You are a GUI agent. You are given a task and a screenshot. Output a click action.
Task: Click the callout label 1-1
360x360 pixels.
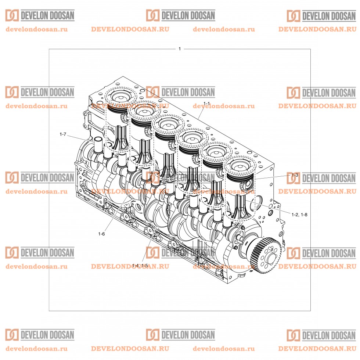(x=206, y=104)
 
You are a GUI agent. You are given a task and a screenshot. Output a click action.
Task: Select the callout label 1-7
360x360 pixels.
(x=62, y=134)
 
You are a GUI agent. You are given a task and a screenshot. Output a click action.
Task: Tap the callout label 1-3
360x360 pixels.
(x=295, y=176)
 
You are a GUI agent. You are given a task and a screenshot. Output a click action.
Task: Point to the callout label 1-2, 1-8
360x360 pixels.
(x=299, y=215)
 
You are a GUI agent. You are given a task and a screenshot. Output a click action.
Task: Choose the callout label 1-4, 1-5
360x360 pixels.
(x=140, y=265)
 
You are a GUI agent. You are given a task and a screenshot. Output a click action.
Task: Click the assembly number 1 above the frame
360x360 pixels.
(x=180, y=49)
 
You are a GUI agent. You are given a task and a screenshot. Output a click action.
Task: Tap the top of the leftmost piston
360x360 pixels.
(x=118, y=97)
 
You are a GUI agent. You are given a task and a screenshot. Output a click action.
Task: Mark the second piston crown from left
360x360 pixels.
(x=143, y=111)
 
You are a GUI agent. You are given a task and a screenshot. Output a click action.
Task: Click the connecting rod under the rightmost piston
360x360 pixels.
(x=239, y=206)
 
